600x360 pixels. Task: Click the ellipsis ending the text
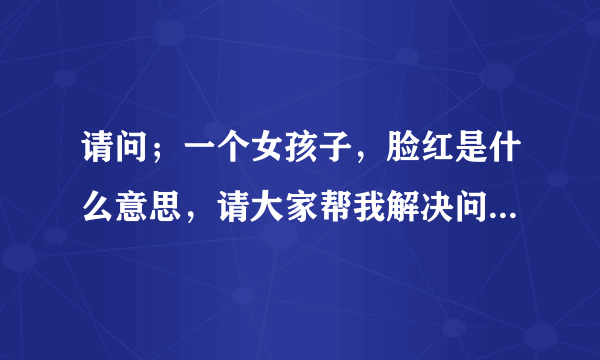tap(503, 218)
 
